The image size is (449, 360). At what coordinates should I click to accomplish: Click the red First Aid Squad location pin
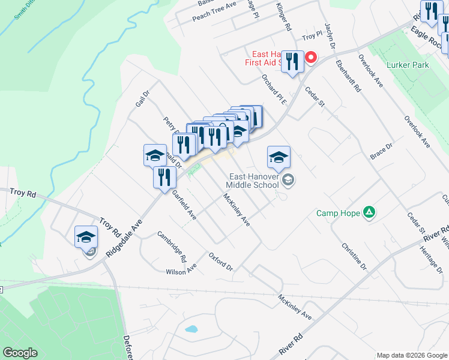(311, 58)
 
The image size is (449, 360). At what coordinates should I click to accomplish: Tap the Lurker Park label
(408, 65)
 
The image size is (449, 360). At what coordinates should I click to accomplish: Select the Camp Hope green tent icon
(370, 212)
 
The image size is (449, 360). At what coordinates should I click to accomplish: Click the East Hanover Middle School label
(253, 181)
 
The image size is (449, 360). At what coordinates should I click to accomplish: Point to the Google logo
(20, 353)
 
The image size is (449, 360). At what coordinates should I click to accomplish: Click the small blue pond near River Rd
(191, 329)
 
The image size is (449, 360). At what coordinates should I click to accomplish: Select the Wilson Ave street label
(181, 271)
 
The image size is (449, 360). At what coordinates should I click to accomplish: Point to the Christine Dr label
(354, 256)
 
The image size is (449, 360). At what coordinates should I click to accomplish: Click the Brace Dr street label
(381, 151)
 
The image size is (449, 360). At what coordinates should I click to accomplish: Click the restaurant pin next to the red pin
(292, 61)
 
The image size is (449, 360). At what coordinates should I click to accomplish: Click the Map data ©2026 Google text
(412, 355)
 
